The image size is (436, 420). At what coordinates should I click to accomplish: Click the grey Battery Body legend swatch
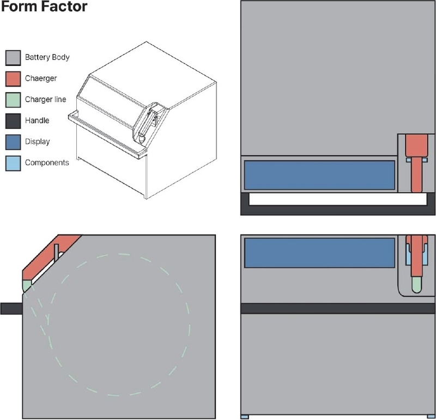[x=13, y=57]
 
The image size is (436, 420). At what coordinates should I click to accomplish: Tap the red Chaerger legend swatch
[x=13, y=79]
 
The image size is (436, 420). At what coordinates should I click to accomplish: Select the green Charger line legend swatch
[x=13, y=100]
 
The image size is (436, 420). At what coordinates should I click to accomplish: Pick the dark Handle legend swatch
[x=13, y=121]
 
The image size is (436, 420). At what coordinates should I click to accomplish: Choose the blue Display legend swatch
[x=13, y=142]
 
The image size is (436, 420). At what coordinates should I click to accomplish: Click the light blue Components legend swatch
[x=13, y=163]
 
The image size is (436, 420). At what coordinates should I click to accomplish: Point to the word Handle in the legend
[x=37, y=121]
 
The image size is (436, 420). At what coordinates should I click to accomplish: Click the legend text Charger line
[x=46, y=100]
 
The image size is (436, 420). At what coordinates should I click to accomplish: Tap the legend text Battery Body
[x=47, y=57]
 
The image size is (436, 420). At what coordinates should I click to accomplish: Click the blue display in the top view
[x=319, y=175]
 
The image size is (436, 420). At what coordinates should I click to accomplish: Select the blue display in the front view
[x=319, y=253]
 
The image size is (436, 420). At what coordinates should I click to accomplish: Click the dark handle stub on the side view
[x=11, y=309]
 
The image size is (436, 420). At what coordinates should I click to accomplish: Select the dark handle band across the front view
[x=338, y=308]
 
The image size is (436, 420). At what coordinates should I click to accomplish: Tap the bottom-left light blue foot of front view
[x=245, y=417]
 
